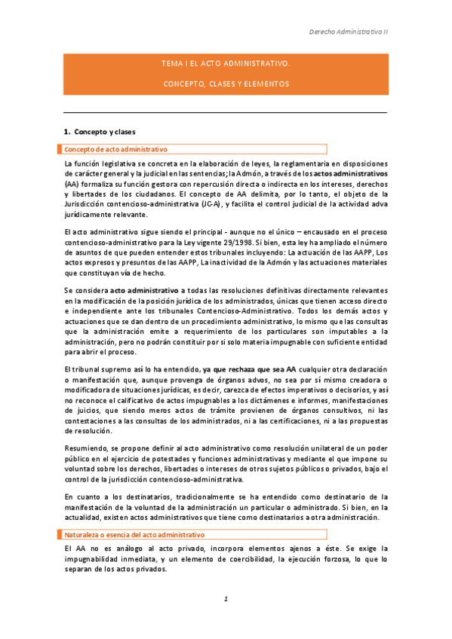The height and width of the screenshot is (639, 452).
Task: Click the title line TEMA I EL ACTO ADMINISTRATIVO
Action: coord(226,66)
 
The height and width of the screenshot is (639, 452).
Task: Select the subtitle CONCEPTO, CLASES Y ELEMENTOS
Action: coord(226,83)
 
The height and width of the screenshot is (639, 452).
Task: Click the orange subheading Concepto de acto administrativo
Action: coord(116,149)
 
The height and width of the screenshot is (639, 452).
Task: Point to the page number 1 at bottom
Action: coord(225,599)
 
